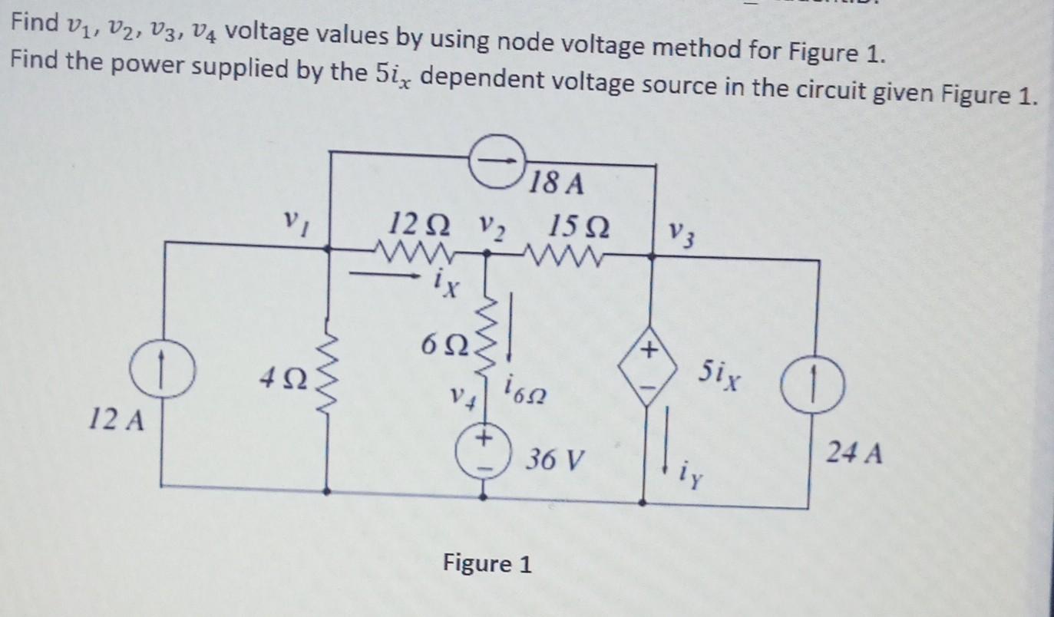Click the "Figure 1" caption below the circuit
point(487,564)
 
